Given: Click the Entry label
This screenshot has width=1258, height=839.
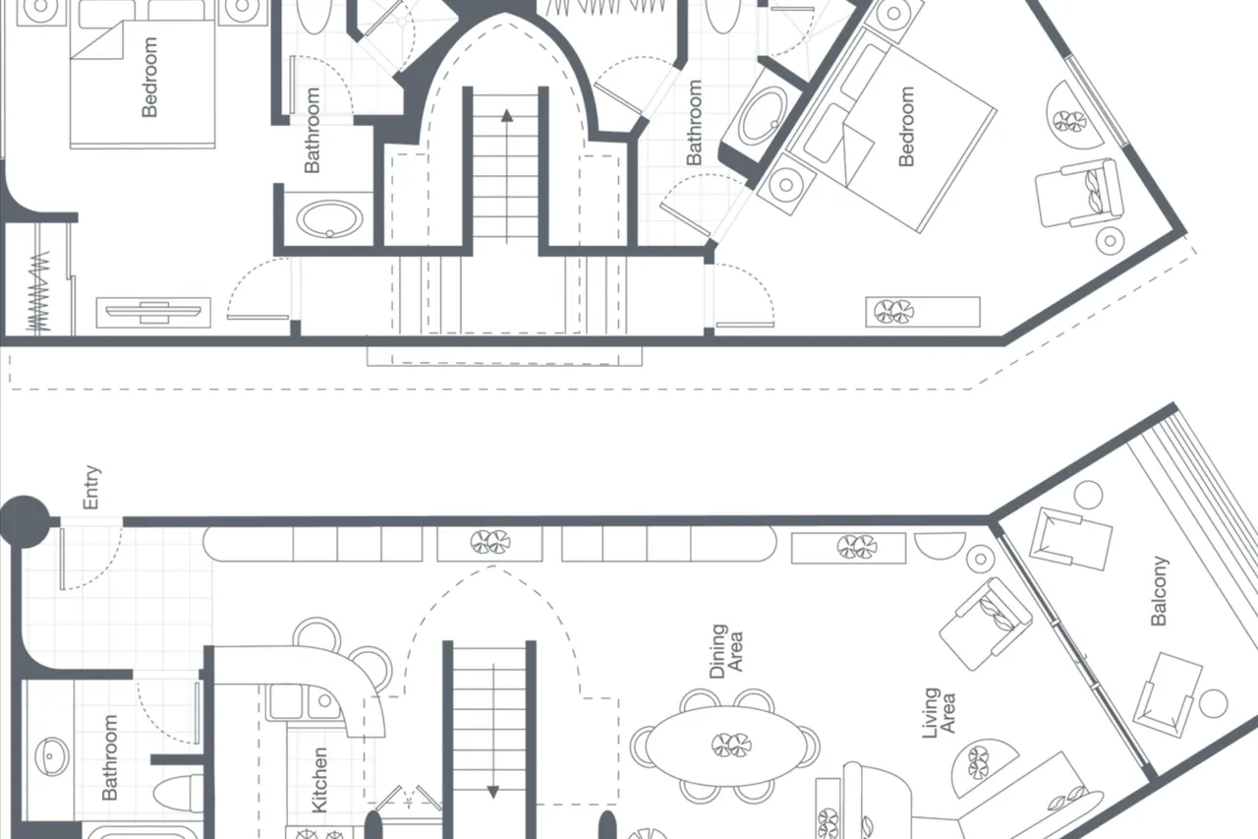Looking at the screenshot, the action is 91,487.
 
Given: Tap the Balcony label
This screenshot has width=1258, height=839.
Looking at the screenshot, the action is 1159,590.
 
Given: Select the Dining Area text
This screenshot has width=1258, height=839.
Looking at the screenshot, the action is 726,651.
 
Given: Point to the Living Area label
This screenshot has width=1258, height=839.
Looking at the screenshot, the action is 939,712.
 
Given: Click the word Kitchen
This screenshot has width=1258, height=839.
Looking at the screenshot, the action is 319,780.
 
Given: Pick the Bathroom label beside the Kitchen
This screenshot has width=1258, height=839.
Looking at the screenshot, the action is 109,757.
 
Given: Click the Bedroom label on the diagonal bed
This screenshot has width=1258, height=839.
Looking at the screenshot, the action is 906,127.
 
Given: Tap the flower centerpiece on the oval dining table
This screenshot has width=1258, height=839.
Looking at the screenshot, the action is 731,746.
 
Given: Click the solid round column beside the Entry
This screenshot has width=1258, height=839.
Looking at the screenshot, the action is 24,521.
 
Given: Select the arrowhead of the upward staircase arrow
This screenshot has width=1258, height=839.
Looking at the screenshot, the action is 507,116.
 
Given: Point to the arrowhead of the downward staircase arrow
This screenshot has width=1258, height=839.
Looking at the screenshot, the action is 493,793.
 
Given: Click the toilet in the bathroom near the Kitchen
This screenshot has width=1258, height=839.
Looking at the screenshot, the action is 179,793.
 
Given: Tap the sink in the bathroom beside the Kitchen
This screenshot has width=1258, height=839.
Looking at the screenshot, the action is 52,756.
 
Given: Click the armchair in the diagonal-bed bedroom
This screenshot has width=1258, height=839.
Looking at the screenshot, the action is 1079,193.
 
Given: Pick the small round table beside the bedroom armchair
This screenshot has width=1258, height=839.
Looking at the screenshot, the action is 1111,241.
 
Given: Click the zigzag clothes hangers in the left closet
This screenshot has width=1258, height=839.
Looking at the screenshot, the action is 38,290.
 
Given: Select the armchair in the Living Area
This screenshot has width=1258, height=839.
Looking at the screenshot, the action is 986,624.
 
